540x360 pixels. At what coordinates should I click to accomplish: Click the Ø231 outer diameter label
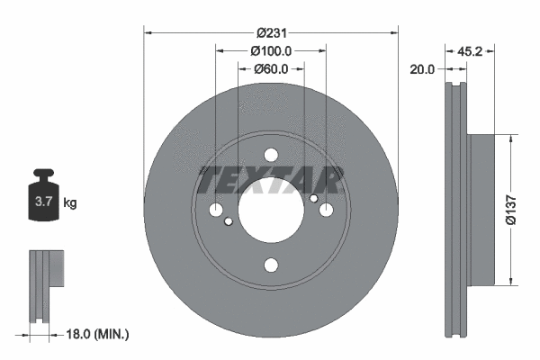point(271,32)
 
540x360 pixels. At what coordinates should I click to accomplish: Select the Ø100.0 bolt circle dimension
point(271,50)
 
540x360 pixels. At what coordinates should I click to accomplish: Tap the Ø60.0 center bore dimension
point(271,68)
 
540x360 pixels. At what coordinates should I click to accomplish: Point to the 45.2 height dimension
point(470,51)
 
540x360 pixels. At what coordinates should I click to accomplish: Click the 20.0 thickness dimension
point(421,68)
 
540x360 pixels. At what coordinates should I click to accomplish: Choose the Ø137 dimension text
point(510,208)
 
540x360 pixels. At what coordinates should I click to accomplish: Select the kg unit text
point(70,202)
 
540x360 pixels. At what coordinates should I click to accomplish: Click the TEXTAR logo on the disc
point(271,180)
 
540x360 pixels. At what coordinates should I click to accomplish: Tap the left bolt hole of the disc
point(216,210)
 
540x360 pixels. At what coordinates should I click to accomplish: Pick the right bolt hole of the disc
point(326,210)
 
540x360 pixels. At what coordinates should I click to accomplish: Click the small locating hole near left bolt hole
point(229,221)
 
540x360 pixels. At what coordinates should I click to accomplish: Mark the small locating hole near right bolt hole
point(313,198)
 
